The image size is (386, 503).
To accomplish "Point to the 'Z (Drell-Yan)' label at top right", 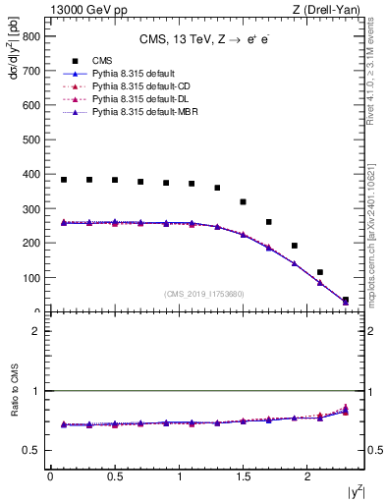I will click(332, 9).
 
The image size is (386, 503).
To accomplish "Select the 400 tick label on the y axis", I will click(31, 174).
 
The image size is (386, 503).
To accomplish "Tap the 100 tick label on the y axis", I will click(31, 278).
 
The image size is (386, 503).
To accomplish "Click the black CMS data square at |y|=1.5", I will click(243, 201).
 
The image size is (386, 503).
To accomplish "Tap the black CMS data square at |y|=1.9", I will click(294, 246).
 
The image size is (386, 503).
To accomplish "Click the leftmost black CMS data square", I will click(64, 180).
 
